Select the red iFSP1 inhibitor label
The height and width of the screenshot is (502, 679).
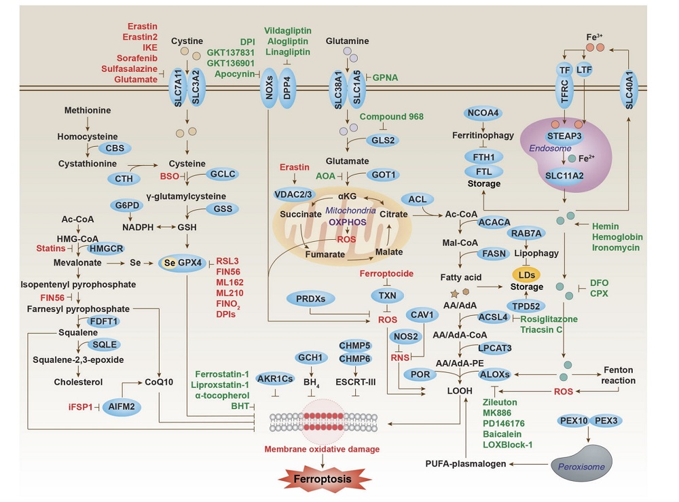click(x=79, y=406)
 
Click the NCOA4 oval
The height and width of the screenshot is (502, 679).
click(x=483, y=113)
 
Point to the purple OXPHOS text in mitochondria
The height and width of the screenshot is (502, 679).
click(x=347, y=221)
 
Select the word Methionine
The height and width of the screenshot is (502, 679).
click(x=88, y=110)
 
